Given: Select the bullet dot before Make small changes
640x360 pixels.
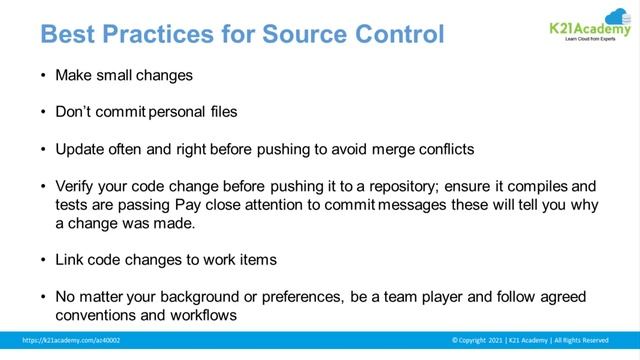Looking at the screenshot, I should click(x=43, y=76).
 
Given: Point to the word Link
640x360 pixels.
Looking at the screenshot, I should click(x=70, y=260).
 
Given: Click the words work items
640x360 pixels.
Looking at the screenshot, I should click(x=239, y=260).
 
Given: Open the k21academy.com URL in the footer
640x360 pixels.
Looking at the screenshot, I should click(x=71, y=341).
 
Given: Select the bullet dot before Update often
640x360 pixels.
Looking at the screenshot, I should click(x=43, y=149).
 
